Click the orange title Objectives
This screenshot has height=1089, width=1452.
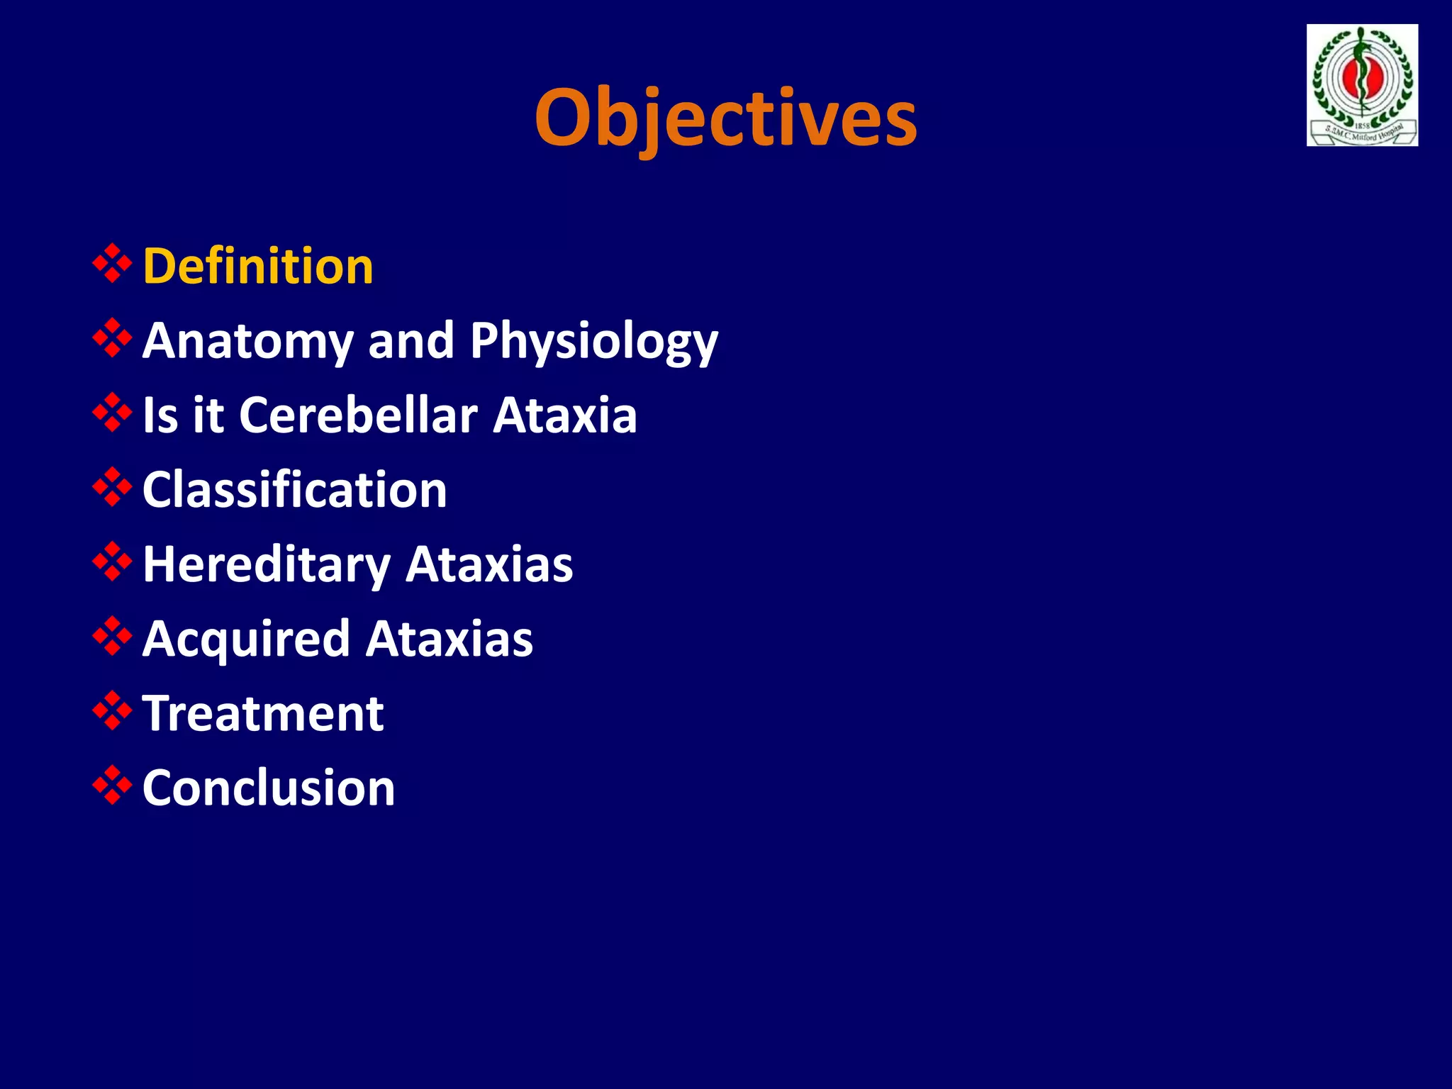[725, 117]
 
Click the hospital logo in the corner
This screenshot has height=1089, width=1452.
[1362, 85]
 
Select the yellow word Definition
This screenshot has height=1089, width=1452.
[258, 267]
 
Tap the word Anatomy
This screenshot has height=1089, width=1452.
[247, 342]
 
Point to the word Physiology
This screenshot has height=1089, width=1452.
[593, 342]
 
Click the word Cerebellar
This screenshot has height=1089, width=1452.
[359, 415]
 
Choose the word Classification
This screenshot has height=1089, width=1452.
[295, 490]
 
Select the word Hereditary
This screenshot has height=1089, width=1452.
[267, 565]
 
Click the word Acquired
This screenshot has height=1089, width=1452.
[247, 640]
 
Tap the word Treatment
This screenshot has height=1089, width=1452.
[263, 713]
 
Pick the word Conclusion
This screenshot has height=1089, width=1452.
[269, 788]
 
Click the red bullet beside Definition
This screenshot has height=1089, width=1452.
[112, 264]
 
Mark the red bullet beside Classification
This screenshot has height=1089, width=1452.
[112, 487]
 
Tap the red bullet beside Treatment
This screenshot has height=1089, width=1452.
[112, 710]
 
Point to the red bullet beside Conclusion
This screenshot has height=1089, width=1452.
[112, 785]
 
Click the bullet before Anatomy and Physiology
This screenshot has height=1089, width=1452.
[112, 338]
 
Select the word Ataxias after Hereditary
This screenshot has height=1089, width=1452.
[489, 565]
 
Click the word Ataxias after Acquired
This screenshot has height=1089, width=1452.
[449, 640]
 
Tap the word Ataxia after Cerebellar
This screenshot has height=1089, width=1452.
[565, 415]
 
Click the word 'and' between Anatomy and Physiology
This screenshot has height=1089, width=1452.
[411, 341]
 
